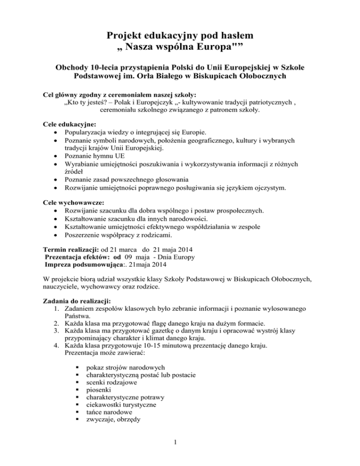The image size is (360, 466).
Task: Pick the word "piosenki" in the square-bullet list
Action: pyautogui.click(x=100, y=391)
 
